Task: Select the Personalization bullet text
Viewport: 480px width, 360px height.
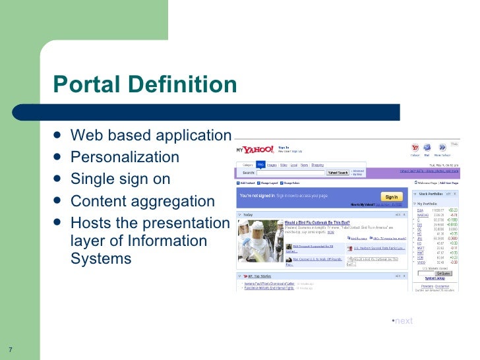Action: coord(125,157)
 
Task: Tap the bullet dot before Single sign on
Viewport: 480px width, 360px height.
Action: coord(59,179)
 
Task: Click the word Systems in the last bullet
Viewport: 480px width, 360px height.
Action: coord(101,259)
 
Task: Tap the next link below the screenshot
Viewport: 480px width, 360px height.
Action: coord(403,321)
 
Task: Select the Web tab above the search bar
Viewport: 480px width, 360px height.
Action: coord(260,164)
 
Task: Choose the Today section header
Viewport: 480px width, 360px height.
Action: coord(248,215)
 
